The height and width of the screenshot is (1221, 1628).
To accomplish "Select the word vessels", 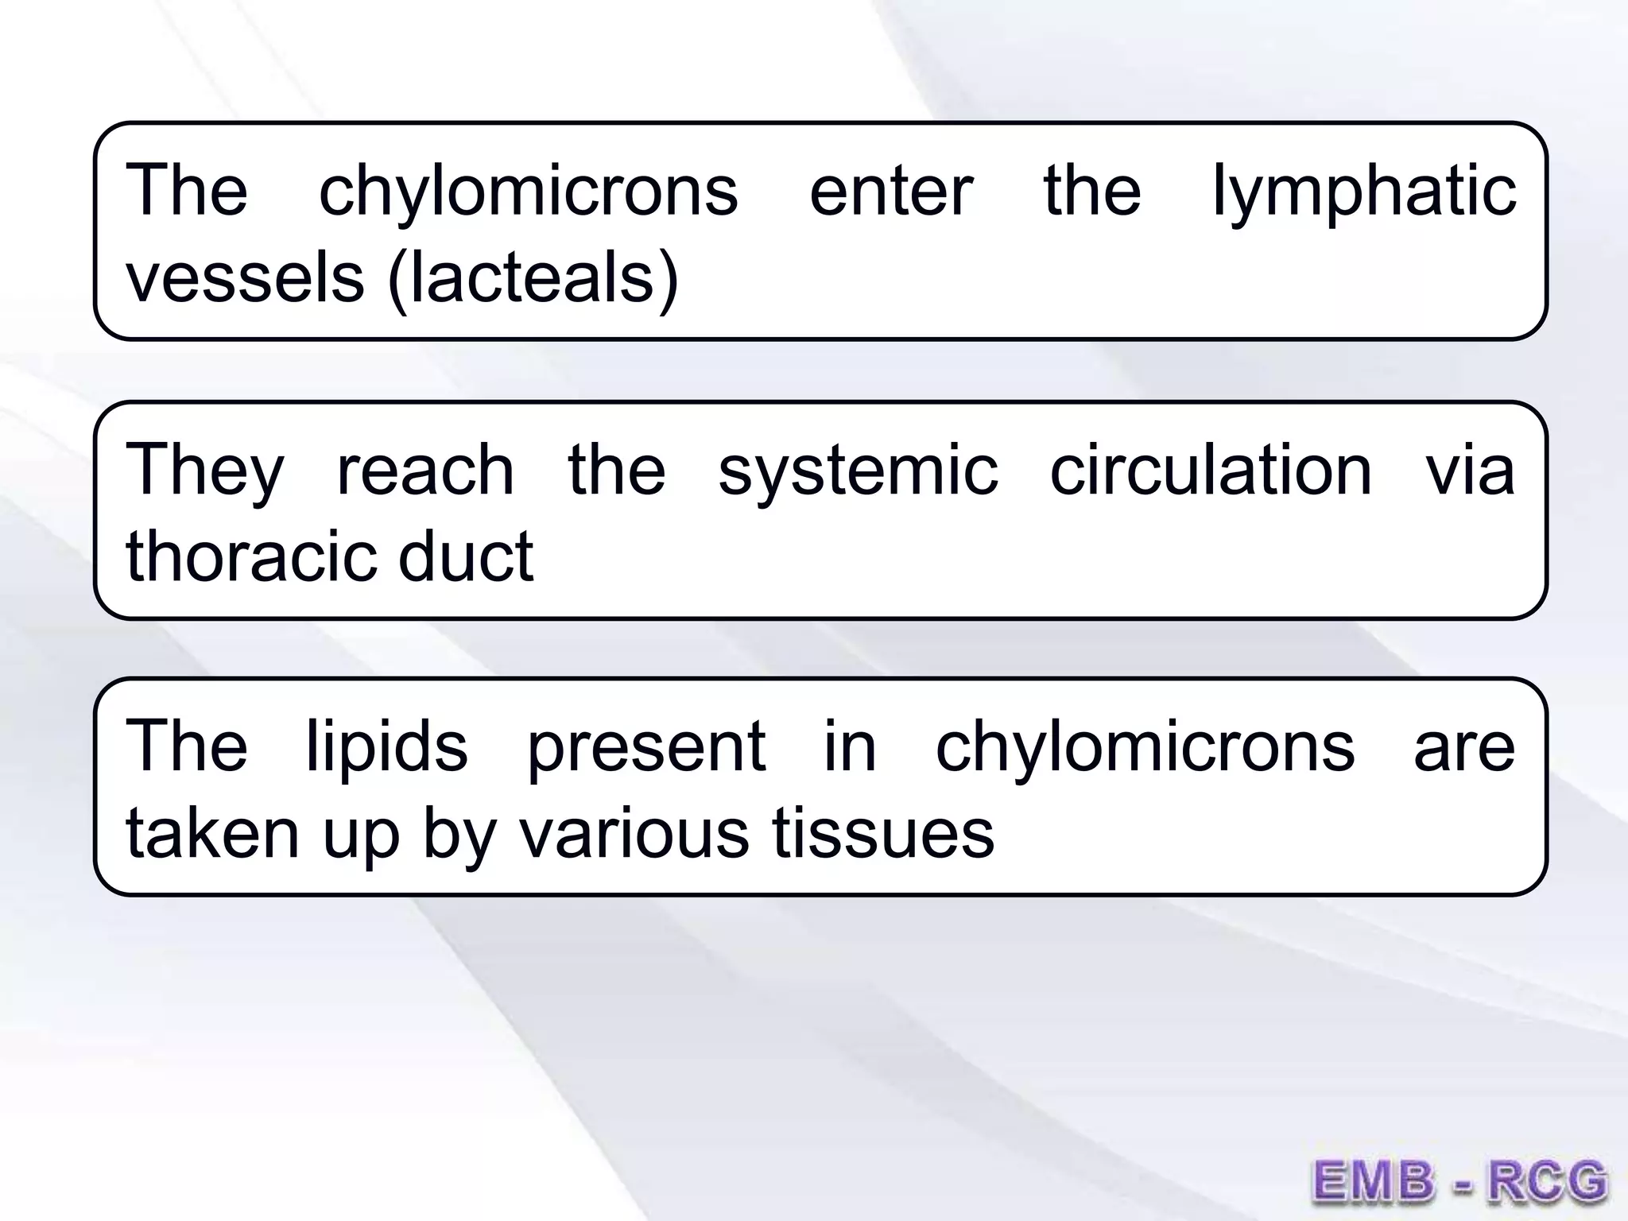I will pyautogui.click(x=245, y=278).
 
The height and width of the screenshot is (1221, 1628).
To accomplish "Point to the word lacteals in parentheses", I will pyautogui.click(x=533, y=278).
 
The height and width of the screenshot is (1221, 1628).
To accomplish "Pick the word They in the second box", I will pyautogui.click(x=204, y=471).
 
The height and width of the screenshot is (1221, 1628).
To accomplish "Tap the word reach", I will pyautogui.click(x=425, y=471).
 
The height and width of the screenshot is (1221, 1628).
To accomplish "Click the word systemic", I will pyautogui.click(x=858, y=471).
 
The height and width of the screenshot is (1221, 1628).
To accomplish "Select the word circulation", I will pyautogui.click(x=1211, y=471).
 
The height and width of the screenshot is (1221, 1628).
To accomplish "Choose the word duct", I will pyautogui.click(x=466, y=556).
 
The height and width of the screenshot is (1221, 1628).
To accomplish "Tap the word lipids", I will pyautogui.click(x=387, y=747).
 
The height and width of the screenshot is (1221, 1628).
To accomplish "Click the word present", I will pyautogui.click(x=646, y=747).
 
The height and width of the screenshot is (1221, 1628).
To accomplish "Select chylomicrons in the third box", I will pyautogui.click(x=1145, y=747).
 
